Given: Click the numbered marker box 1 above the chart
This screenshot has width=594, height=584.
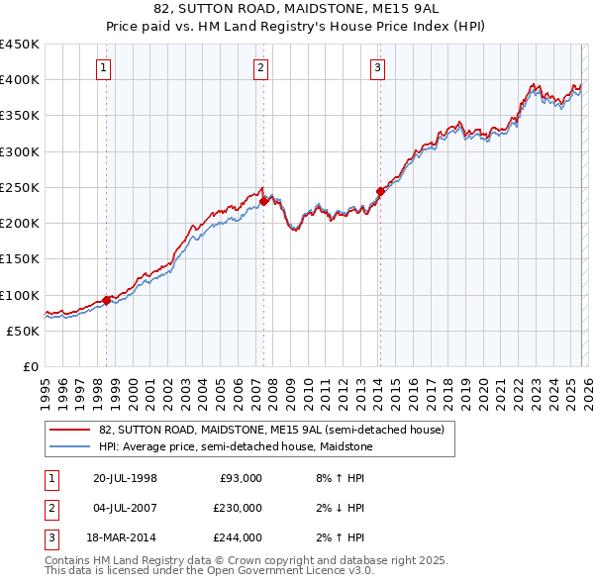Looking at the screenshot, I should point(105,68).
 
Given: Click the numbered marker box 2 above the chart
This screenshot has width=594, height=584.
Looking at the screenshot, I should point(260,68).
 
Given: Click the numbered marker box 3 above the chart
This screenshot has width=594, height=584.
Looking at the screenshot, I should point(378,68).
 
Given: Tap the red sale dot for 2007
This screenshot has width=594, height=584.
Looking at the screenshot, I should point(263,202).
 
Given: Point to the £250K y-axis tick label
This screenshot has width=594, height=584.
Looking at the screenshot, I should point(20,187).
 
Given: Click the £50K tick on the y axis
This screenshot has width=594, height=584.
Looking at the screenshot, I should point(24,331).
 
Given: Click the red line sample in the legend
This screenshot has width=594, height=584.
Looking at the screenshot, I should point(68,430).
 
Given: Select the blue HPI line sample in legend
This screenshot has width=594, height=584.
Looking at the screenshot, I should point(68,446).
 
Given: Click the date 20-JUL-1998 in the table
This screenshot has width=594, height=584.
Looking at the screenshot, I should point(125,478).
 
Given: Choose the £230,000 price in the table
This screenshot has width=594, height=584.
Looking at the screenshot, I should point(238,508).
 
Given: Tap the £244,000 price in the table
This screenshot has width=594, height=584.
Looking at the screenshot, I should point(238,537).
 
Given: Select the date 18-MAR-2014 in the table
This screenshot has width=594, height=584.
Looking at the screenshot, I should point(125,537).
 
